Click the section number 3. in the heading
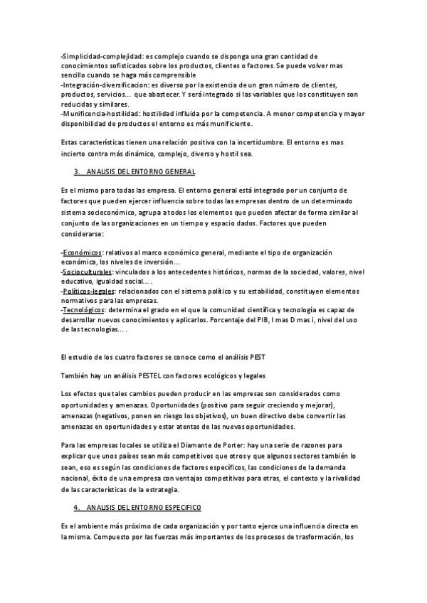pyautogui.click(x=76, y=173)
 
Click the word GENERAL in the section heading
pyautogui.click(x=178, y=173)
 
